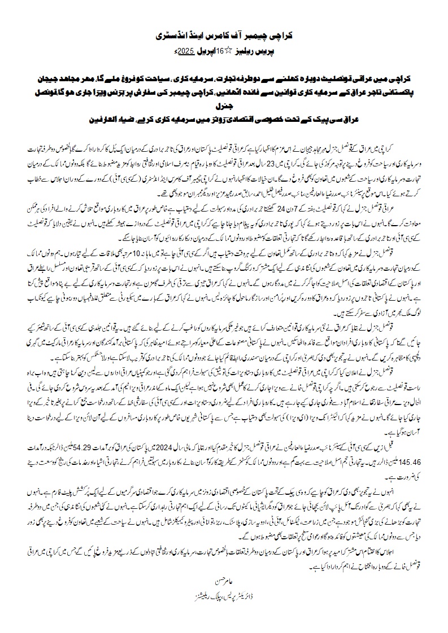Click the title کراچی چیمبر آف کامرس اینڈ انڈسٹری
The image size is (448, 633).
tap(224, 34)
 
